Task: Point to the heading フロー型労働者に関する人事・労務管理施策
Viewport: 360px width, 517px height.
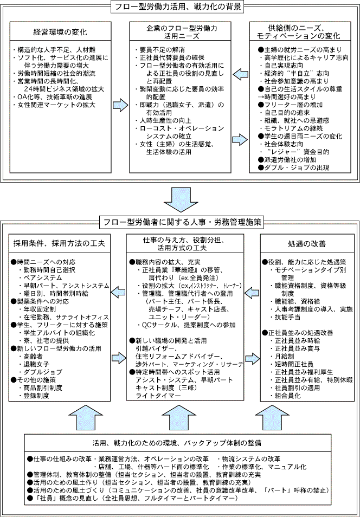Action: click(x=181, y=222)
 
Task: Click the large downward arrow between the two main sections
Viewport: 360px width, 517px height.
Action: click(x=179, y=199)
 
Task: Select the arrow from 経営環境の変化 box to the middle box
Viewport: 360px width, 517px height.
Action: click(x=119, y=105)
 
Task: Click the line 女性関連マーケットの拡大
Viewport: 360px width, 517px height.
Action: click(x=50, y=105)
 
